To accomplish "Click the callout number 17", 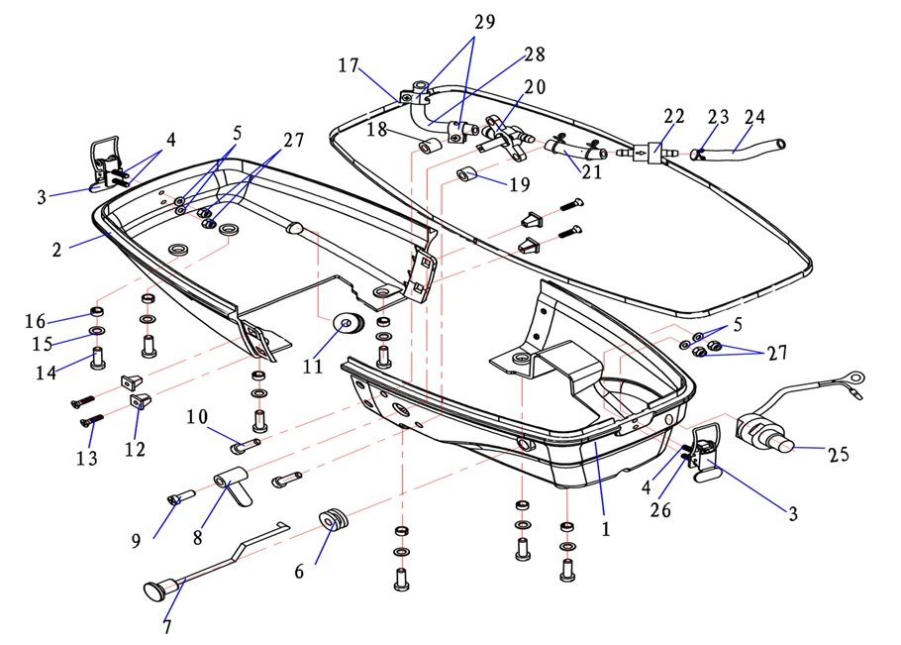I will (x=348, y=65).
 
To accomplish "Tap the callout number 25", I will (x=839, y=455).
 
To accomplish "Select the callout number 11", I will (x=313, y=366).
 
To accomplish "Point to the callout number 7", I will (x=166, y=626).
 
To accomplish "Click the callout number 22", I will (x=674, y=116).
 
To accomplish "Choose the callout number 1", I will (x=606, y=529).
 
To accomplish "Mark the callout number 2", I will (x=57, y=249).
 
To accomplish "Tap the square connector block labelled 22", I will (x=652, y=151).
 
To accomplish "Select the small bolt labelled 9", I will (x=173, y=499).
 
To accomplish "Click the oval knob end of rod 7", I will (x=154, y=592).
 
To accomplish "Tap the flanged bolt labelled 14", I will (x=99, y=357).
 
